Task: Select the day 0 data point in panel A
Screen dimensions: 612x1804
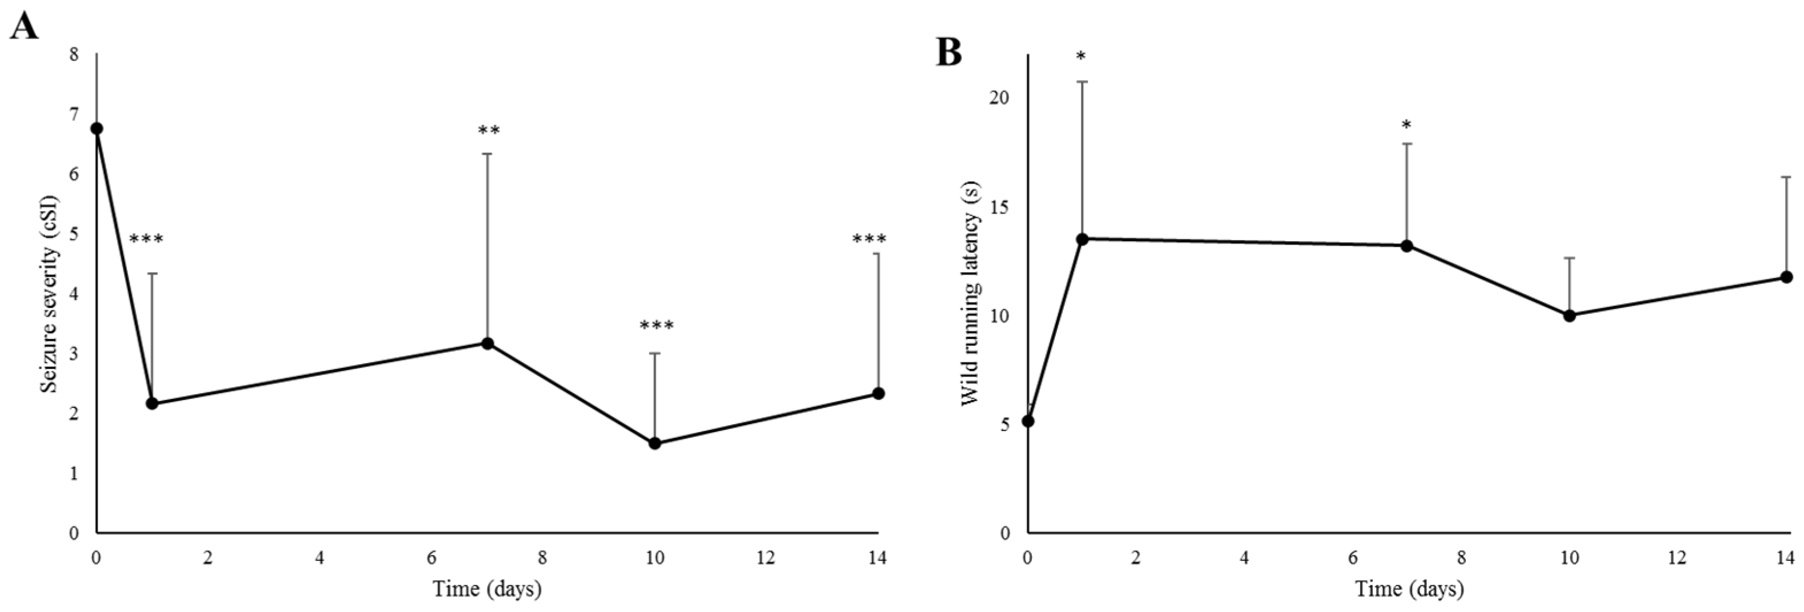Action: tap(96, 129)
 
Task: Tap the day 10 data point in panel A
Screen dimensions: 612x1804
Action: tap(655, 443)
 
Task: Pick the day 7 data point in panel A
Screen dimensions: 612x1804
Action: tap(487, 344)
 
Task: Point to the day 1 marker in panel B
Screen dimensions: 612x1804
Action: tap(1082, 239)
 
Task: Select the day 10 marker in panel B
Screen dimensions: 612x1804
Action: tap(1569, 315)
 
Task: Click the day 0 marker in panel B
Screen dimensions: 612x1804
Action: tap(1028, 421)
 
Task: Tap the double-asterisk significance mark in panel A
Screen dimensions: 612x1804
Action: tap(489, 132)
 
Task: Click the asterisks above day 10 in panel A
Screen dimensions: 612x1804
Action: tap(656, 326)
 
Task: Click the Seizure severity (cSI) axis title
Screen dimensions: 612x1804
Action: tap(49, 293)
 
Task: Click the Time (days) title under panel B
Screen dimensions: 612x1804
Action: tap(1409, 589)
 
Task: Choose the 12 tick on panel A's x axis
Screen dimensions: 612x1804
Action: tap(765, 558)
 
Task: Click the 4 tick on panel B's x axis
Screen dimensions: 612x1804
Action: tap(1244, 558)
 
